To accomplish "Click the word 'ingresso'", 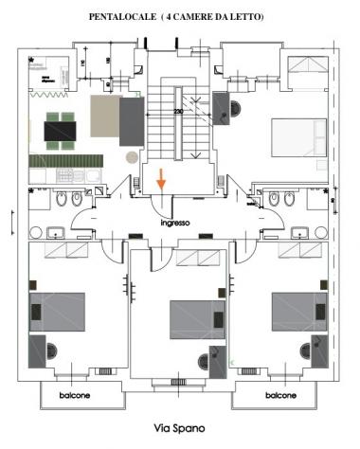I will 177,224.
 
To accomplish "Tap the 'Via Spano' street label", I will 179,428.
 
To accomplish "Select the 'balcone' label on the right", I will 282,395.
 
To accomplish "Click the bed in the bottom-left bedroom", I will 58,310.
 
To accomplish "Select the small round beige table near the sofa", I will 131,155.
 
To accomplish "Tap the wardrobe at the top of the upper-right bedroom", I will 306,66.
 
